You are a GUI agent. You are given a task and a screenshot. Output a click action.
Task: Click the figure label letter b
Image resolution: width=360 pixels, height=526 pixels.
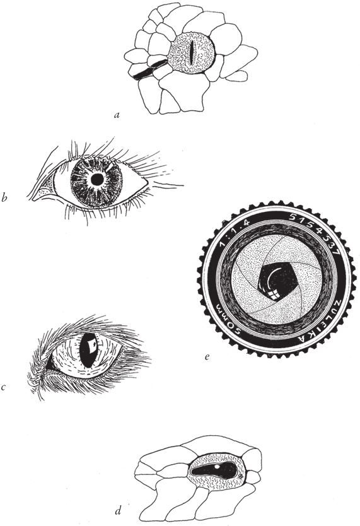(x=4, y=197)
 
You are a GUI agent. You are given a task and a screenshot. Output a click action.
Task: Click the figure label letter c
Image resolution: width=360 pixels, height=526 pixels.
(x=3, y=387)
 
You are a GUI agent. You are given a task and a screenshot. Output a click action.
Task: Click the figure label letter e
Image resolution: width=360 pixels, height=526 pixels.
(x=207, y=356)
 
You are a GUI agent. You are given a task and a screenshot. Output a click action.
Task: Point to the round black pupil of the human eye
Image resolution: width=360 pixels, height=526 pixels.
(x=98, y=180)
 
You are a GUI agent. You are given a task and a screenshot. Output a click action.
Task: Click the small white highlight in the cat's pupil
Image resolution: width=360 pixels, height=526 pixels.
(x=93, y=344)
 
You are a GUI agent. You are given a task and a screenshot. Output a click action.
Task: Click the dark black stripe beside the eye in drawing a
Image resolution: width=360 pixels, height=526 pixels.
(x=149, y=70)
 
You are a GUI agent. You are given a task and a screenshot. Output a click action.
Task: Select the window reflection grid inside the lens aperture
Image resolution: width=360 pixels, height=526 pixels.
(x=273, y=294)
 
